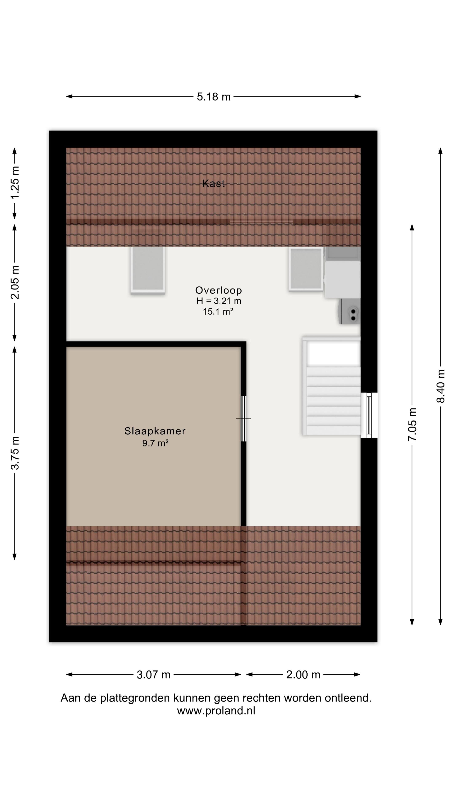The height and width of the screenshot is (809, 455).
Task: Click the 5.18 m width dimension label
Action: pos(214,97)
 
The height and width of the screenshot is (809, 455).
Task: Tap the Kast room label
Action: pos(214,183)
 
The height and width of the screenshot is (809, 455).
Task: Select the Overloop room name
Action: pos(219,290)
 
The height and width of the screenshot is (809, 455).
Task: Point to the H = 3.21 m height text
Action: pos(219,301)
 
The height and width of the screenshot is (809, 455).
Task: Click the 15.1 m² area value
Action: pos(218,312)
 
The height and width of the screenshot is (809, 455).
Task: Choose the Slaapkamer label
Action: pos(155,431)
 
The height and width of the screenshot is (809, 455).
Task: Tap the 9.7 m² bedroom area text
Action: pos(155,443)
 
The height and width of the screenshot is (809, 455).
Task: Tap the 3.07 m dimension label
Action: pos(154,675)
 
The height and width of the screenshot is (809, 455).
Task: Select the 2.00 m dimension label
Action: pos(303,675)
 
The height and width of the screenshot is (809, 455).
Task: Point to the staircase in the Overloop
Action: pos(332,386)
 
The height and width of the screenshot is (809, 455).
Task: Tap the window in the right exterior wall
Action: pos(369,415)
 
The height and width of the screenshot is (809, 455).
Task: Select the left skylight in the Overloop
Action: pos(148,270)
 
